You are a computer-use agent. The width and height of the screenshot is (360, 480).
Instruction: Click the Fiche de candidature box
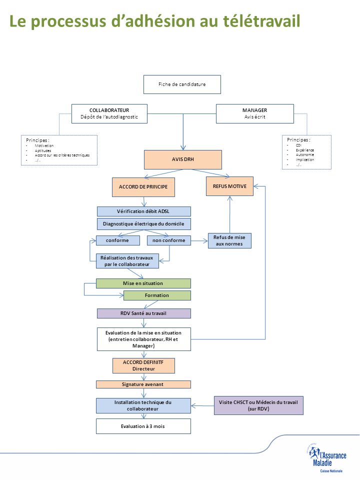pos(182,84)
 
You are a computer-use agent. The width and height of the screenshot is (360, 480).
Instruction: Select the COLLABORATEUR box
pos(109,113)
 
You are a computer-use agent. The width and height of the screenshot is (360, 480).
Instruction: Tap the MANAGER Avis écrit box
pos(254,113)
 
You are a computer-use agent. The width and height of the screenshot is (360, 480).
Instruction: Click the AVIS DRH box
pos(182,159)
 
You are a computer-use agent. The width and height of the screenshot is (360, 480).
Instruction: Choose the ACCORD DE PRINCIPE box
pos(143,186)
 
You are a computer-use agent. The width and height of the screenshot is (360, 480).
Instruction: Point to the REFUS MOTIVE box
pos(229,186)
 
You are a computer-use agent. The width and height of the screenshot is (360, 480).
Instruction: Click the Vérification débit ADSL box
pos(143,211)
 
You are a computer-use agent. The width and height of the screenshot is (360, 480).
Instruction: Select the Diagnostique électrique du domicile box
pos(143,224)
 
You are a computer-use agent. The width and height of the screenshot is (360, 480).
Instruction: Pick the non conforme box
pos(169,240)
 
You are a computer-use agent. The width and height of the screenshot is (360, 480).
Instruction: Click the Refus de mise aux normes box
pos(229,240)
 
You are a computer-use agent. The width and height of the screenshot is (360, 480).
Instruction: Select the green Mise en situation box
pos(143,283)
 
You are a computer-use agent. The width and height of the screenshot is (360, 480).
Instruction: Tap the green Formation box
pos(157,295)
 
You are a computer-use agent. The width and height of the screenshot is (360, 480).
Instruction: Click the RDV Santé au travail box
pos(143,313)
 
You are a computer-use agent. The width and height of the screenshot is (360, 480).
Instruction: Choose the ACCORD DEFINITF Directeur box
pos(143,365)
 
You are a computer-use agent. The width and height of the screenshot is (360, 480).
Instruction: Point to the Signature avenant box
pos(143,384)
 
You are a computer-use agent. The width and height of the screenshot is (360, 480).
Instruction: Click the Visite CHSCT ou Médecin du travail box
pos(258,405)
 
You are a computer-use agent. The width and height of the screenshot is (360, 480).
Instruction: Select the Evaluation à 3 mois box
pos(143,426)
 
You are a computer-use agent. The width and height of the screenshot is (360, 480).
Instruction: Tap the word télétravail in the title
pos(255,21)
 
